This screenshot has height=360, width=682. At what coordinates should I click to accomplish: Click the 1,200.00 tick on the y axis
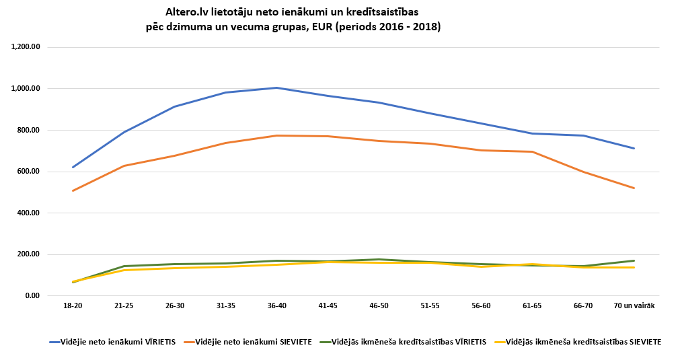(x=26, y=47)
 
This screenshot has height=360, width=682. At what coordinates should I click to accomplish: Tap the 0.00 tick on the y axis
(x=32, y=296)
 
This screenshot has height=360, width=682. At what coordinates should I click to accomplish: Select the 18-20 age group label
(x=73, y=306)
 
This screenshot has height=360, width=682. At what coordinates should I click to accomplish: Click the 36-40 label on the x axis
(x=276, y=306)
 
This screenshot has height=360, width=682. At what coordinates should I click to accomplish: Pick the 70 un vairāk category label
(x=634, y=306)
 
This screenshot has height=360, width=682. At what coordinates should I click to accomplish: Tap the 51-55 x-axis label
(x=430, y=306)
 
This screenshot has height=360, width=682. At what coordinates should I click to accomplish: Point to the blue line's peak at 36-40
(x=276, y=87)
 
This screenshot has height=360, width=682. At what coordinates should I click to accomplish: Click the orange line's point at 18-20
(x=73, y=190)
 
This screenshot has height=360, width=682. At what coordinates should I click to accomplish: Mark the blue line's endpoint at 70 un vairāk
(x=634, y=148)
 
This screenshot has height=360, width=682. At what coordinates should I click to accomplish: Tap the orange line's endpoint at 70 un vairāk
(x=634, y=188)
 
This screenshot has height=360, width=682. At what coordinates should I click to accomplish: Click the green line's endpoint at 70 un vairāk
(x=634, y=260)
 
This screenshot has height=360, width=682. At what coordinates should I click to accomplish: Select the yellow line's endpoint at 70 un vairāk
(x=634, y=268)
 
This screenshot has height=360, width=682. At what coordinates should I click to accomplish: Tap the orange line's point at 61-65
(x=532, y=151)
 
